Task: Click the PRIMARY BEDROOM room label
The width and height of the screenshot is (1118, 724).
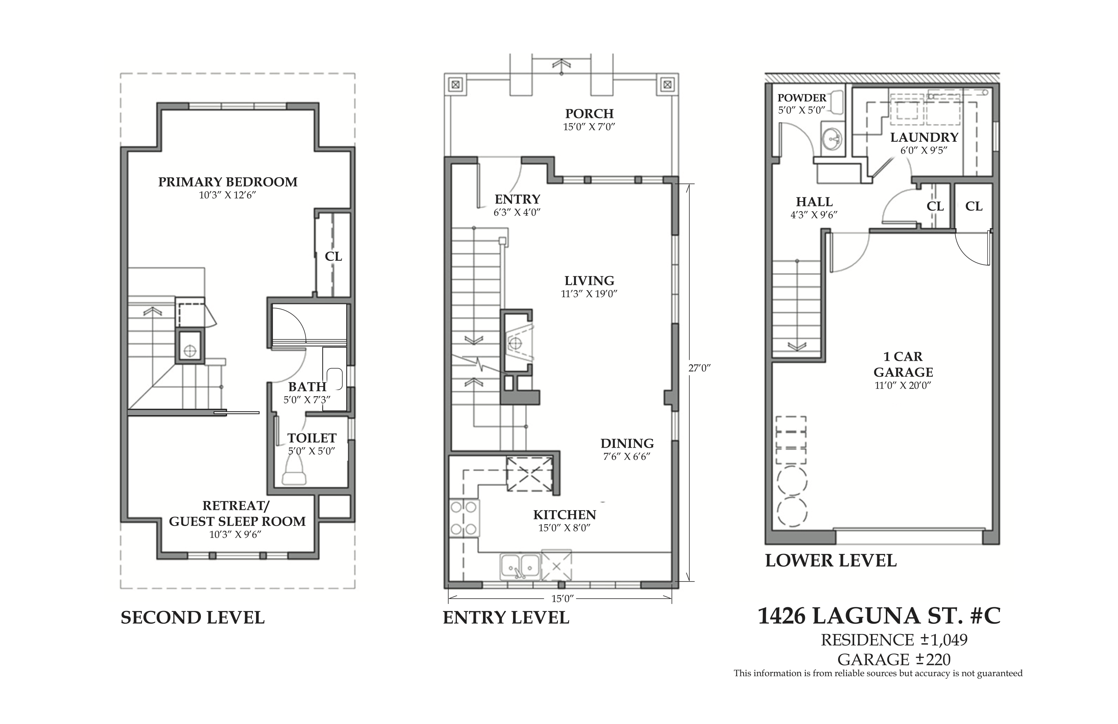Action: (228, 182)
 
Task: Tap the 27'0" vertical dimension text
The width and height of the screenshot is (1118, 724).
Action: (699, 368)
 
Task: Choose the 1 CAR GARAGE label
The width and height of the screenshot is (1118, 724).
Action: (903, 364)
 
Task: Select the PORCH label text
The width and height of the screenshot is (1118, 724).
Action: (589, 113)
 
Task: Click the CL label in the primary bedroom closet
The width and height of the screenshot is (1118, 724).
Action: (333, 256)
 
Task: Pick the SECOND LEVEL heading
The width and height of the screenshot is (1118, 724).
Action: (193, 617)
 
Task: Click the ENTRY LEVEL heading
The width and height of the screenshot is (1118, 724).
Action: (506, 617)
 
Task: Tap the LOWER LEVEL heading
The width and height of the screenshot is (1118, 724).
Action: (831, 560)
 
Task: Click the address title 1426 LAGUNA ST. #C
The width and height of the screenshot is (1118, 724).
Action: (879, 616)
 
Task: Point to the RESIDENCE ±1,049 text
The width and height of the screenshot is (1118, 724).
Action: (894, 640)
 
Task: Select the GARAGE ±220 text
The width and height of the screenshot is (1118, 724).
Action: (894, 659)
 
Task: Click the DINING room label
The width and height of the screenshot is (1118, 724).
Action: (627, 444)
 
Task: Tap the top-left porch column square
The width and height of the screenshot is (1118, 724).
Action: (455, 85)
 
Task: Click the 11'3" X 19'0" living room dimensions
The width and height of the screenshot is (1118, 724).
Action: (589, 294)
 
